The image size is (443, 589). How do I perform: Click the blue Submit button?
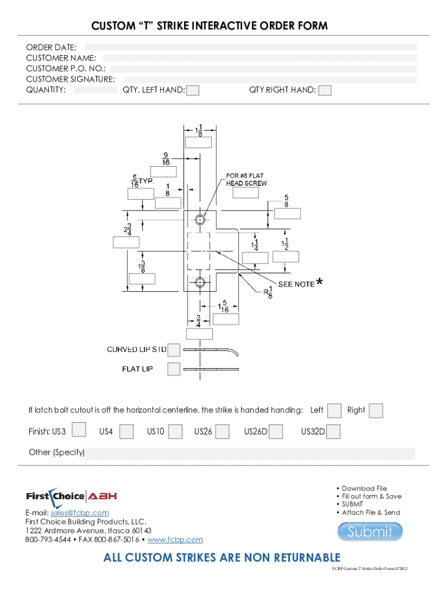[370, 531]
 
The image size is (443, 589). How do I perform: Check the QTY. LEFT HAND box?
[193, 91]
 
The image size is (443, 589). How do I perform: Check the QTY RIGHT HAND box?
[325, 91]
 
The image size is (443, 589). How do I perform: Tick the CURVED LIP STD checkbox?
[174, 350]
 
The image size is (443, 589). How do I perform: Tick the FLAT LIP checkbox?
[174, 369]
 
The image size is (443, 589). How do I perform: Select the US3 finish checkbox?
[80, 430]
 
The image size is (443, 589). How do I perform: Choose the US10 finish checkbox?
[176, 431]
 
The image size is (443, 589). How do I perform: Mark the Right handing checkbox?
[376, 410]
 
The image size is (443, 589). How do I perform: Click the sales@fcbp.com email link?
[79, 512]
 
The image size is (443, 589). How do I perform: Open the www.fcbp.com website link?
[175, 540]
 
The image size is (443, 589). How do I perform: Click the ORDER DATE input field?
[250, 47]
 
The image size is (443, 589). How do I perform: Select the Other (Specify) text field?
[250, 453]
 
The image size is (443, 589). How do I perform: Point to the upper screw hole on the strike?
[200, 219]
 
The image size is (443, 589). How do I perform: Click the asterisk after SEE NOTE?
[319, 282]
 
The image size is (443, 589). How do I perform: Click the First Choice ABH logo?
[72, 496]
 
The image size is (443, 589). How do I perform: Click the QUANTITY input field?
[96, 90]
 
